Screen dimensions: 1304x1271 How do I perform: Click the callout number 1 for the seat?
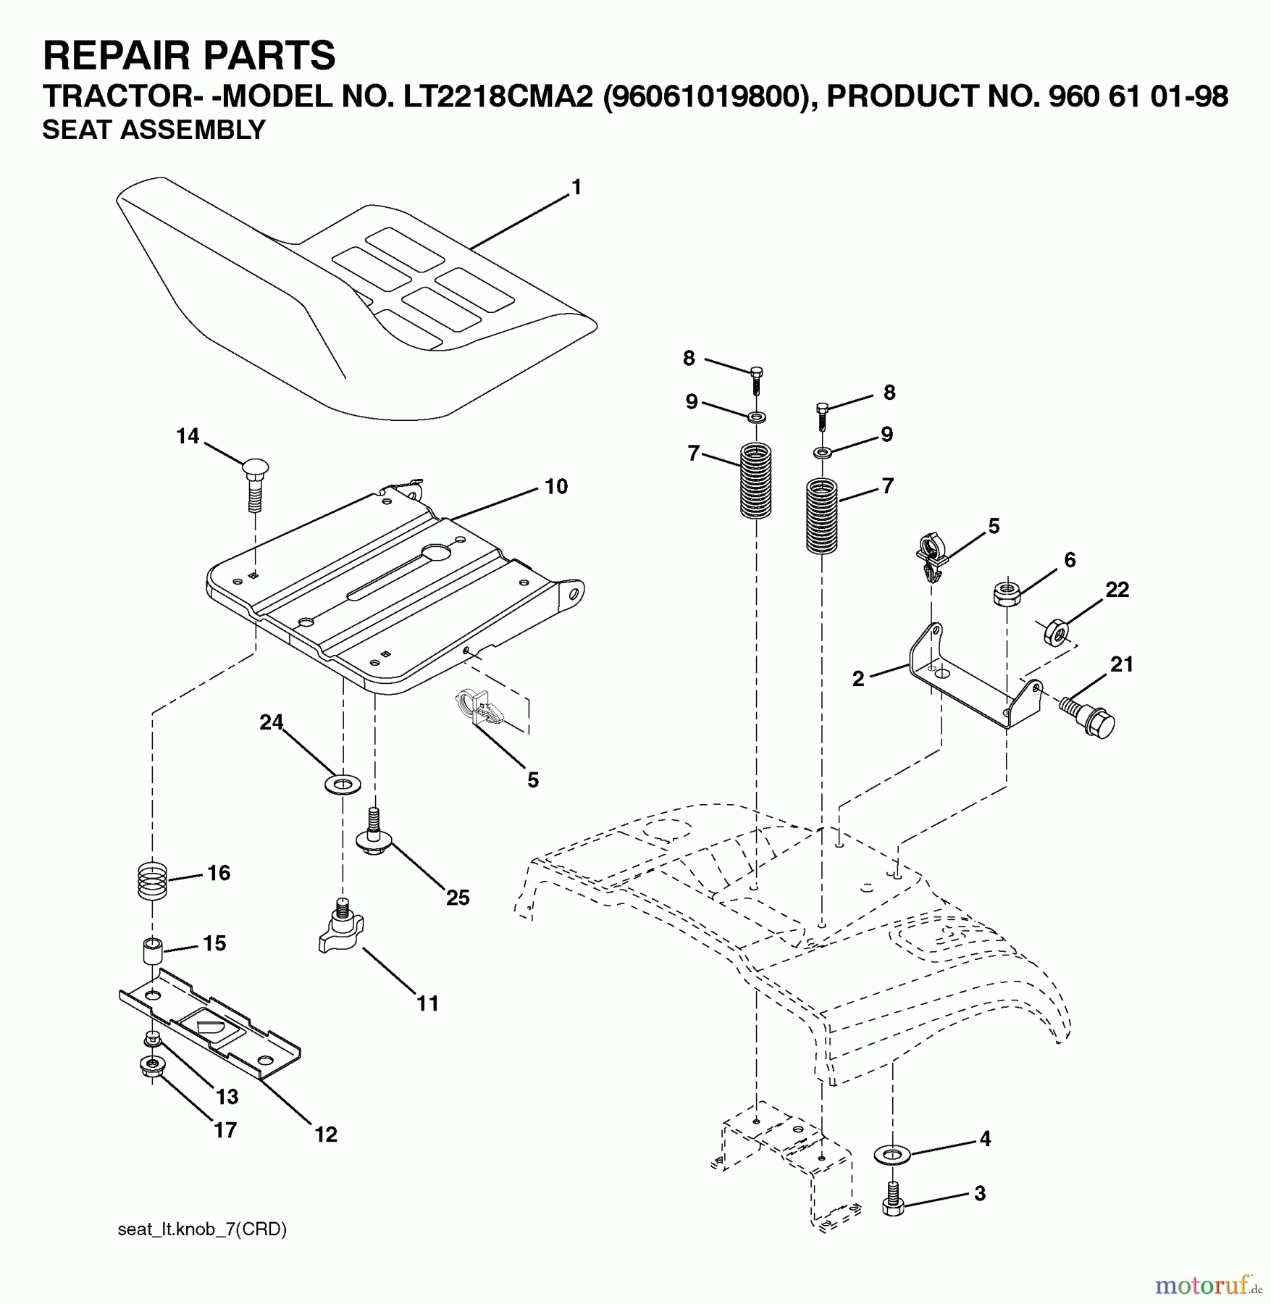[576, 188]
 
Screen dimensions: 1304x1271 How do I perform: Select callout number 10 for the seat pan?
[555, 487]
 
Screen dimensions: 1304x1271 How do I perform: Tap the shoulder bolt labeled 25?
[374, 833]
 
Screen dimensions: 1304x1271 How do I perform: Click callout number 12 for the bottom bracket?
[326, 1134]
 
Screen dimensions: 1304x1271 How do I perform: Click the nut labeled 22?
[1054, 632]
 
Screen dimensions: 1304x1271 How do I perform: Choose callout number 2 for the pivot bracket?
[858, 679]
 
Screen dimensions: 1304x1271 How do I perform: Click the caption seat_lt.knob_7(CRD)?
[202, 1229]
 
